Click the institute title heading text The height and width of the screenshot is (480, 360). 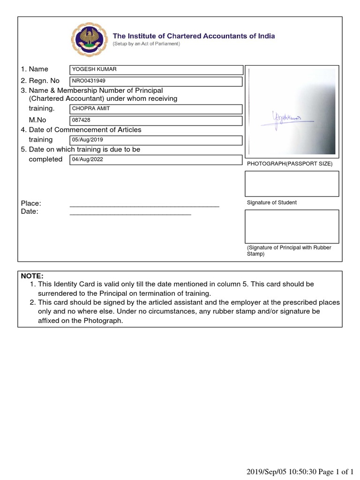[194, 36]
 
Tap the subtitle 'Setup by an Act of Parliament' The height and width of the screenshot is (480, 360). [146, 44]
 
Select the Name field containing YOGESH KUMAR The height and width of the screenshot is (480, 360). [156, 70]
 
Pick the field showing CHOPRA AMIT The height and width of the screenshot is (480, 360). [156, 109]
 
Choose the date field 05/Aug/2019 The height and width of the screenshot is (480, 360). [156, 140]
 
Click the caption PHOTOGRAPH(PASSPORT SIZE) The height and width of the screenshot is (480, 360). [289, 164]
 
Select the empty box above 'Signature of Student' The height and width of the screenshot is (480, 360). [292, 183]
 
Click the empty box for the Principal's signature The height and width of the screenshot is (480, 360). [292, 226]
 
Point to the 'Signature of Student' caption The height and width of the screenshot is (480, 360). [271, 202]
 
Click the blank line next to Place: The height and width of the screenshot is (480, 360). [144, 205]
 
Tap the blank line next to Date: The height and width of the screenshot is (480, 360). [130, 213]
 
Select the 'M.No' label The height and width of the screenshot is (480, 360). [37, 120]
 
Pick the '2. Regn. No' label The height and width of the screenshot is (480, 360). [40, 81]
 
